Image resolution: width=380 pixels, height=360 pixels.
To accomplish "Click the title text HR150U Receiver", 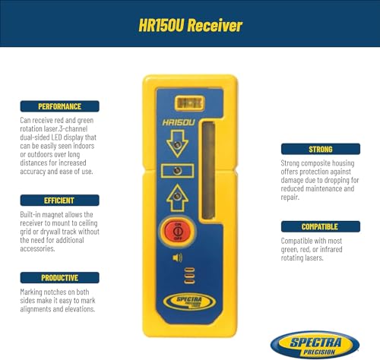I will [x=190, y=26].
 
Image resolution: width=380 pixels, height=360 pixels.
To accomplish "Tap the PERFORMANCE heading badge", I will [x=50, y=106].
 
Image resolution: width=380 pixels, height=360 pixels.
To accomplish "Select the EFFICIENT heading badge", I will [x=50, y=201].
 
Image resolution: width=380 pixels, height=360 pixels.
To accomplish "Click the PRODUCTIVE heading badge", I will [x=50, y=277].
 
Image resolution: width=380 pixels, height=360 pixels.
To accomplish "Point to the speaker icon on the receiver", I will [x=177, y=258].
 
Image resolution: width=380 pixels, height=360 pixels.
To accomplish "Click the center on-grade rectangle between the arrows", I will [x=176, y=171].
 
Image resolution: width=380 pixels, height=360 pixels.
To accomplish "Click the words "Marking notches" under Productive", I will [x=45, y=292].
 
